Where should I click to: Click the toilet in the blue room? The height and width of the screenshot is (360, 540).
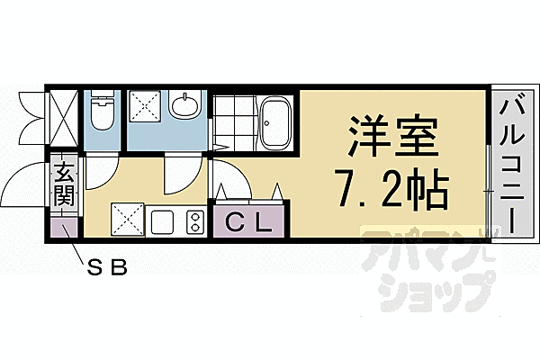(x=102, y=112)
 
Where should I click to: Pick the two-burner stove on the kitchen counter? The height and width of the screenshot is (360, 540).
(x=193, y=220)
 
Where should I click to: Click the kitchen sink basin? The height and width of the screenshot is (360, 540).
(x=163, y=220)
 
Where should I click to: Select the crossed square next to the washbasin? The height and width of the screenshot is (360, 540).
(x=145, y=107)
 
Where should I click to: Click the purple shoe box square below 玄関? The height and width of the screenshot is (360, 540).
(x=63, y=227)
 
